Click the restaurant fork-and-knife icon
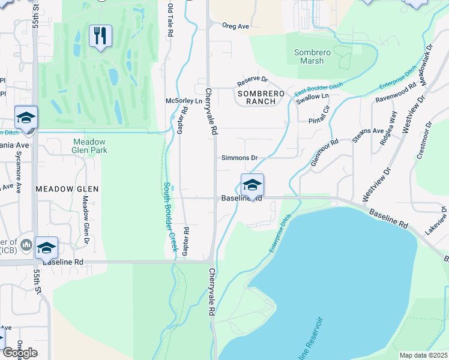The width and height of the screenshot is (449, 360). point(100,35)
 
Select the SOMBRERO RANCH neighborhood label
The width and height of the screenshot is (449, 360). point(257,97)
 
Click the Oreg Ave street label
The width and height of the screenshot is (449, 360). point(235,26)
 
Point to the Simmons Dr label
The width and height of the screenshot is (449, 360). point(240,158)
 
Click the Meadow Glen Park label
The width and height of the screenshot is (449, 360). point(89,146)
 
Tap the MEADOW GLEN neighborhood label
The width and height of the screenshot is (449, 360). point(67,188)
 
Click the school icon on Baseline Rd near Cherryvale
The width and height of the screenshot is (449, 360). point(252,185)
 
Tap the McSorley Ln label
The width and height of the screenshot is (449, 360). point(184,101)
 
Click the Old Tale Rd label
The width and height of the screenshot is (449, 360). point(170,22)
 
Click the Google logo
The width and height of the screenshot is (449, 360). point(19,353)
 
